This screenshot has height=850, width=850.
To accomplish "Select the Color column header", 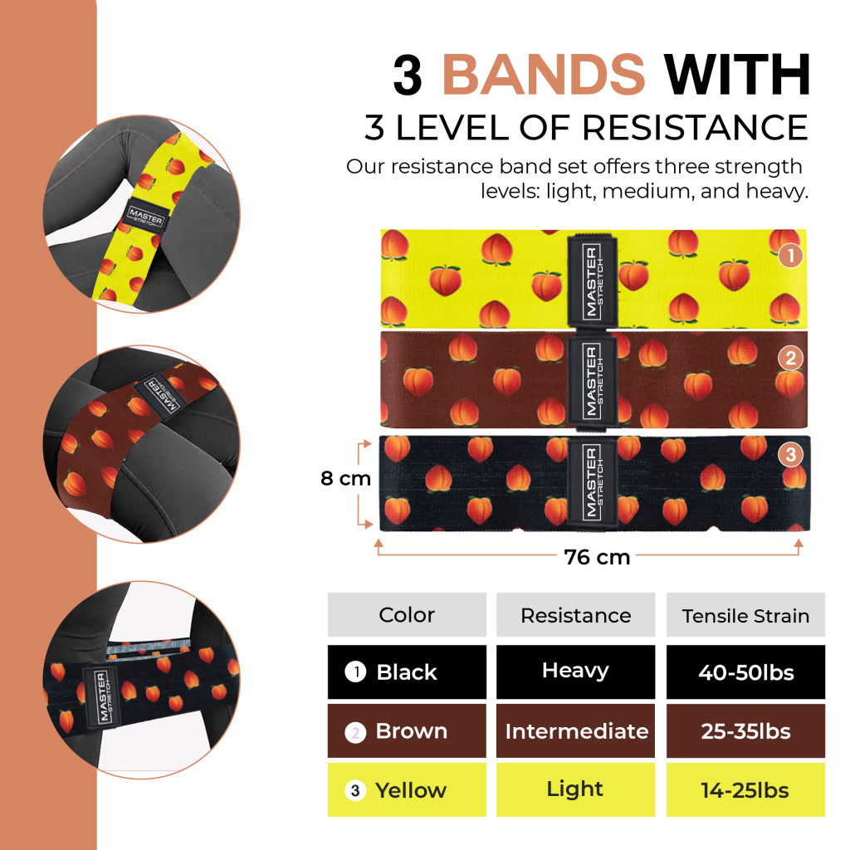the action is click(x=407, y=615).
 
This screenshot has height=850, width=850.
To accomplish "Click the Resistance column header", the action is click(x=576, y=615).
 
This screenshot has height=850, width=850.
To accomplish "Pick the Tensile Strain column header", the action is click(x=745, y=615).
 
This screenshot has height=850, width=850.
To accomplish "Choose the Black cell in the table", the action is click(x=407, y=672).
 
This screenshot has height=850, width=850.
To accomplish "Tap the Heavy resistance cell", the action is click(x=576, y=672).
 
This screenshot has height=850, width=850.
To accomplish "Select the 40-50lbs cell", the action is click(x=745, y=672).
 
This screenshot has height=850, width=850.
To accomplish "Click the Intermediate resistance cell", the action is click(x=576, y=730).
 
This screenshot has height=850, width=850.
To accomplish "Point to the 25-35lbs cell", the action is click(x=745, y=730).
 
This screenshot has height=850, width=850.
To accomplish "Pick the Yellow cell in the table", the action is click(x=407, y=790).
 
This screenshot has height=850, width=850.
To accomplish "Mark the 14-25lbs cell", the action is click(x=745, y=790).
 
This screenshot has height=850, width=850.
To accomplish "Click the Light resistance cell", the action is click(x=576, y=790).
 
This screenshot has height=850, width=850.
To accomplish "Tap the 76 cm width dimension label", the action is click(x=597, y=557).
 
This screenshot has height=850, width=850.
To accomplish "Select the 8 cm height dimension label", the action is click(x=345, y=478).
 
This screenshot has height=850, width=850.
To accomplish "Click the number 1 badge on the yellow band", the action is click(x=791, y=256).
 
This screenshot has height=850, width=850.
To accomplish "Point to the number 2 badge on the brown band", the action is click(x=791, y=358).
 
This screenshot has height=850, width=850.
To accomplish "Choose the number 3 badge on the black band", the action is click(x=791, y=454).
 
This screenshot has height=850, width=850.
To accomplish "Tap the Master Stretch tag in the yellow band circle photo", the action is click(x=146, y=217).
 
